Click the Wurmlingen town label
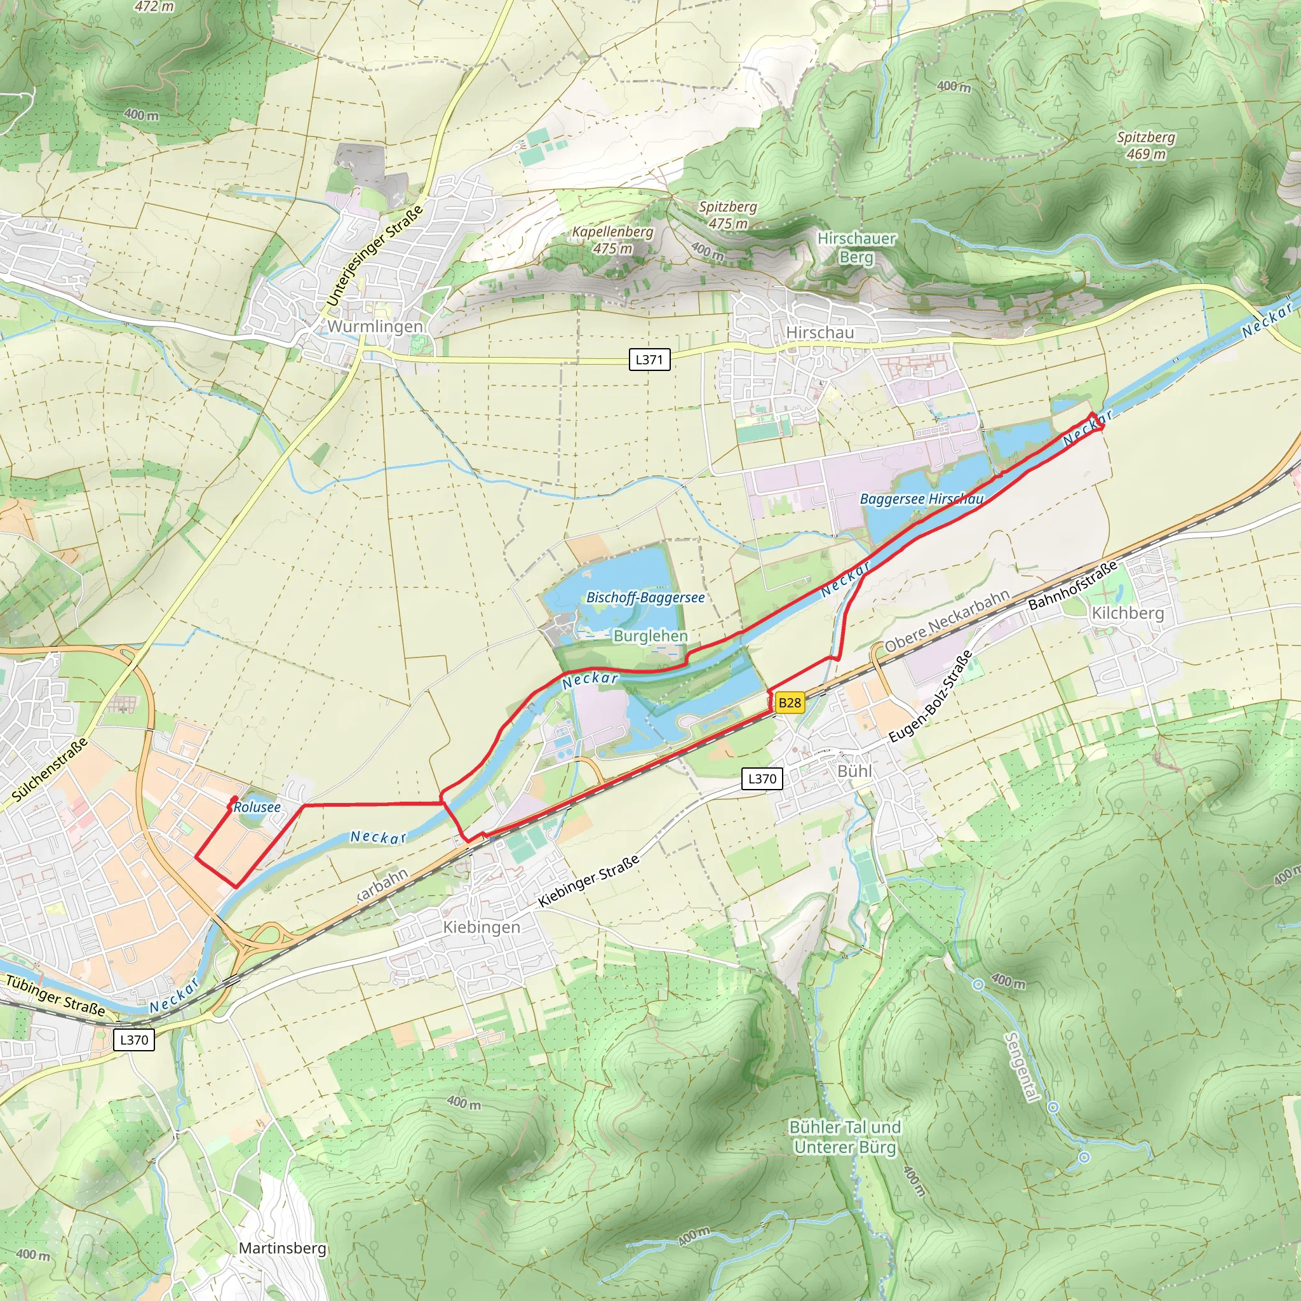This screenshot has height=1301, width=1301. (375, 327)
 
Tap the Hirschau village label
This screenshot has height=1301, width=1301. (819, 333)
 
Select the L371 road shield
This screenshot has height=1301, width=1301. (649, 360)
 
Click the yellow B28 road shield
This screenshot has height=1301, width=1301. (789, 703)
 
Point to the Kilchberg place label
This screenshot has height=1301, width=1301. (1128, 613)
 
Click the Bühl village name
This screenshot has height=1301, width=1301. (854, 771)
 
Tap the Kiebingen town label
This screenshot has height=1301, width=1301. (482, 927)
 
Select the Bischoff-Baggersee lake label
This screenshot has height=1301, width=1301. (645, 597)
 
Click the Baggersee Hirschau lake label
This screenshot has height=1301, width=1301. (921, 499)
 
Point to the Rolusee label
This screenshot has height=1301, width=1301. (257, 807)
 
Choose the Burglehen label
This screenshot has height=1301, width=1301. (650, 636)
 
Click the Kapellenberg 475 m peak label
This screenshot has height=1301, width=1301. (613, 239)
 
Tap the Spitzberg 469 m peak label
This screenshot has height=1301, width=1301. (1145, 145)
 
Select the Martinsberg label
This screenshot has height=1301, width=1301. (282, 1248)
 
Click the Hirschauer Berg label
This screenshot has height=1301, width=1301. (856, 248)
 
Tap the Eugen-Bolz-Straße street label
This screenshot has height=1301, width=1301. (931, 696)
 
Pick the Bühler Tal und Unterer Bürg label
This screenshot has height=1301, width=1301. (845, 1137)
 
